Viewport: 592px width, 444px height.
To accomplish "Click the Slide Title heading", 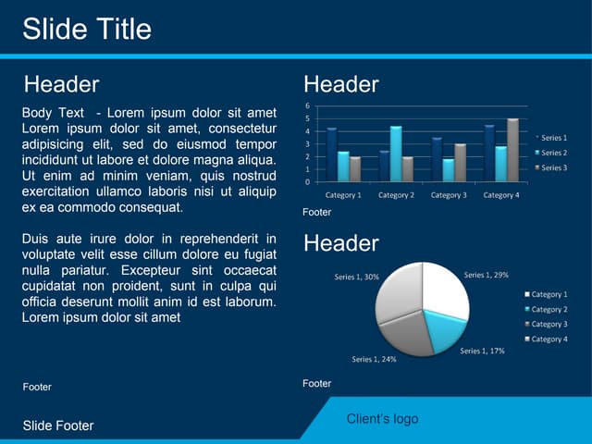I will click(x=86, y=29).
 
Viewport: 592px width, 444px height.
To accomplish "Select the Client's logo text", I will click(x=382, y=419).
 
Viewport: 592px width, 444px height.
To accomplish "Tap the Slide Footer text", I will click(x=58, y=425).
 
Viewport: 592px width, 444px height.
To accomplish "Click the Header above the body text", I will click(x=61, y=84).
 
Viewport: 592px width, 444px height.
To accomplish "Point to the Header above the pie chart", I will click(x=340, y=243).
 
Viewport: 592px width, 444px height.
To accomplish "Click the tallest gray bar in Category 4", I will click(x=512, y=150).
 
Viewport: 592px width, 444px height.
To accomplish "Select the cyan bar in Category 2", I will click(x=396, y=154).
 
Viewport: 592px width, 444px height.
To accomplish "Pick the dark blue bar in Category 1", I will click(x=331, y=154).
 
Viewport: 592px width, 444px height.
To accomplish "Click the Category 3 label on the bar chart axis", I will click(x=449, y=195).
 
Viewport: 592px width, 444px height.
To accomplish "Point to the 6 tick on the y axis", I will click(x=308, y=105).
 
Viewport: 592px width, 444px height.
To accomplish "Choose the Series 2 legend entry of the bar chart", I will click(x=553, y=153).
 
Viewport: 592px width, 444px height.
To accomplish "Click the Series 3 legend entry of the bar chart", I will click(x=553, y=167).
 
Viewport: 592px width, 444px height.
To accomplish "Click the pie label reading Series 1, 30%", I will click(x=356, y=277).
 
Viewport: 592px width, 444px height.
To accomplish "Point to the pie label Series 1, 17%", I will click(x=482, y=351).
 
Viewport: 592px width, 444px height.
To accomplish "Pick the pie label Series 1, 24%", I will click(x=374, y=359).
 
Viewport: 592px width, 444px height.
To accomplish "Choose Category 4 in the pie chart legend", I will click(x=549, y=339).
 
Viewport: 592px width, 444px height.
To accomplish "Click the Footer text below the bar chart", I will click(x=316, y=213).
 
